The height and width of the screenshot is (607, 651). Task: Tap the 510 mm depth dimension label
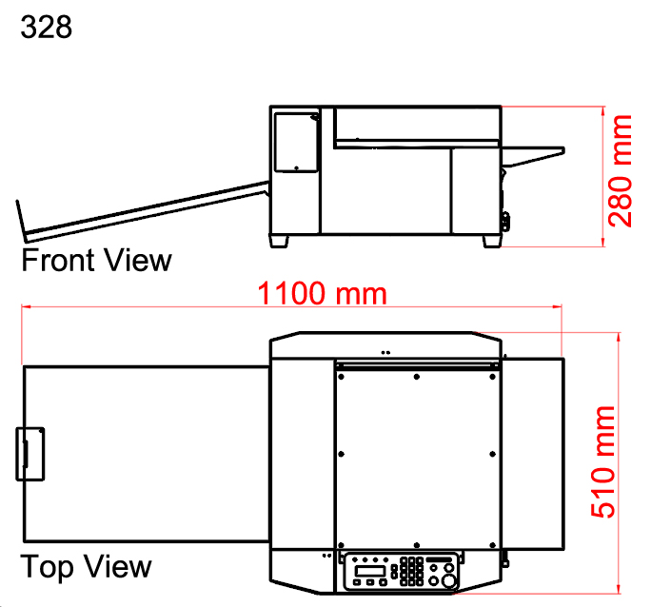[x=603, y=462]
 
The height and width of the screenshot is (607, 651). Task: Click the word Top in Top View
[x=47, y=567]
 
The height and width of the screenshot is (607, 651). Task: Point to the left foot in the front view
[x=280, y=241]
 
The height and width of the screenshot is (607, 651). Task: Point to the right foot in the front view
[x=490, y=241]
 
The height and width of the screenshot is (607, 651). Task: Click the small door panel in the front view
[x=296, y=142]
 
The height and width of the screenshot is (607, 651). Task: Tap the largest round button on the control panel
[x=447, y=578]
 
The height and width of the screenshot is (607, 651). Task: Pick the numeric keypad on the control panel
[x=412, y=571]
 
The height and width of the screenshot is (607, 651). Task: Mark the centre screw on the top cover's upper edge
[x=417, y=378]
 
